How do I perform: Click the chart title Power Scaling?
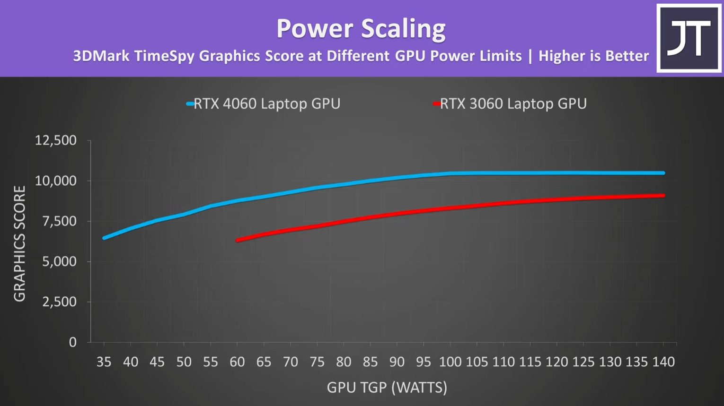point(361,28)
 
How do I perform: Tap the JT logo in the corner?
point(689,38)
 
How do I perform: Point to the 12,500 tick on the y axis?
point(55,140)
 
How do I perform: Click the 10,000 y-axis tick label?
point(55,181)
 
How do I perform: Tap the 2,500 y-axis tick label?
point(59,302)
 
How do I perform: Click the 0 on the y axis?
point(72,342)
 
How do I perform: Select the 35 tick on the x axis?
point(104,362)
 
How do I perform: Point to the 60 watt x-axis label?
point(237,362)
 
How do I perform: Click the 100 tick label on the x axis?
point(450,362)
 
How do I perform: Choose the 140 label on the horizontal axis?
point(663,362)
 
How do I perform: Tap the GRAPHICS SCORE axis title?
point(19,243)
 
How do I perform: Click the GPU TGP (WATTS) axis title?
point(387,388)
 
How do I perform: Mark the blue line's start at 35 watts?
point(105,238)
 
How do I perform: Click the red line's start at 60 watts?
point(238,240)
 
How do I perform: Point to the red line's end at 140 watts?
point(663,195)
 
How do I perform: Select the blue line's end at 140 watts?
point(663,173)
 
